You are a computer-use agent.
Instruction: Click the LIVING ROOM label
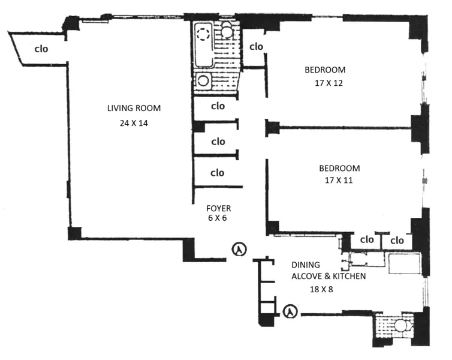134,108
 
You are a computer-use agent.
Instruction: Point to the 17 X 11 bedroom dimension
336,179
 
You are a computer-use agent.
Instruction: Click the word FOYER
218,208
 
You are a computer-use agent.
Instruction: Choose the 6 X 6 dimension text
218,218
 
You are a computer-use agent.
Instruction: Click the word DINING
306,265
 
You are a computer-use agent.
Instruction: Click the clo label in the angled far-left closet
41,48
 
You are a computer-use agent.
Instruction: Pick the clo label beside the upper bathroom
256,46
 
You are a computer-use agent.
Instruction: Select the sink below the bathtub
203,80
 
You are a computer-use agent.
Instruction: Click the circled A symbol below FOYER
239,249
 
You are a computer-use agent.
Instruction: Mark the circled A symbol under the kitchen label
290,311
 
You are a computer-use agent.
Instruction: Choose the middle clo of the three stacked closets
218,142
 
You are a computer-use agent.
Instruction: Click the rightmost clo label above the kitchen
397,240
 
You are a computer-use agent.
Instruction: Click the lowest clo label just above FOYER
218,173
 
